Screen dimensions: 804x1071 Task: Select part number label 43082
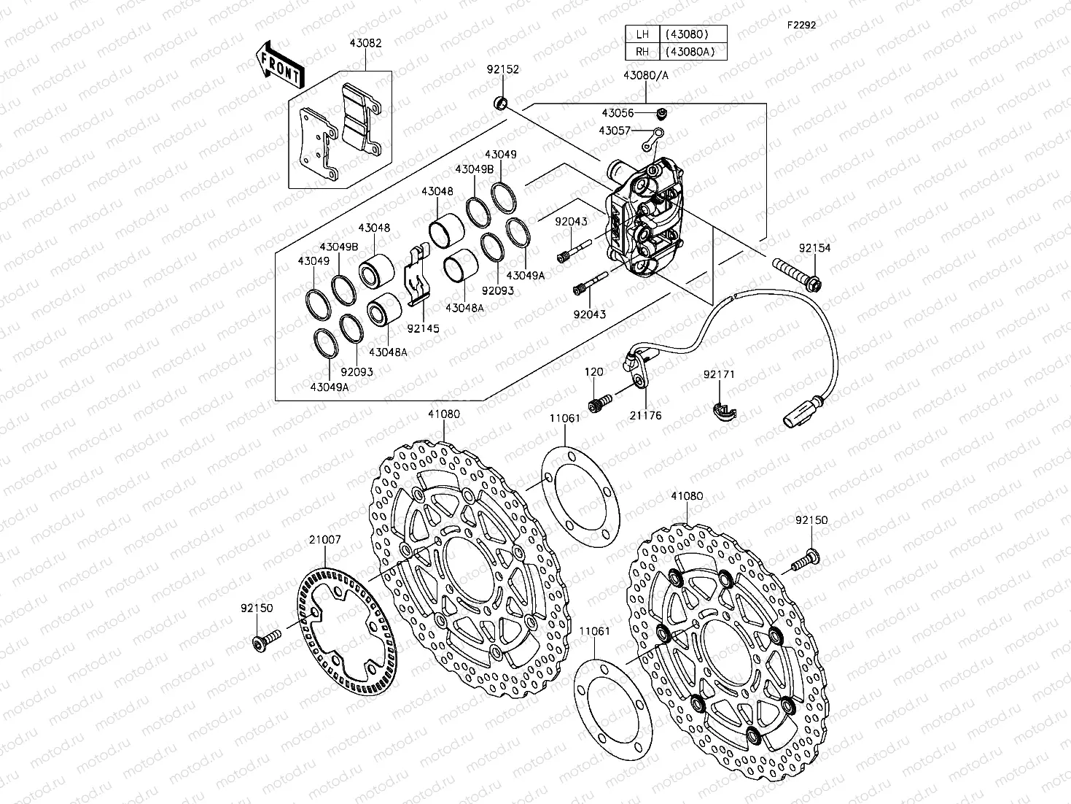(365, 44)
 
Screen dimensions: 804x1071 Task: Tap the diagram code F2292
(801, 25)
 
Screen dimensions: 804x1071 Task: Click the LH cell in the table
(642, 34)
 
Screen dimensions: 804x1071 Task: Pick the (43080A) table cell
(693, 52)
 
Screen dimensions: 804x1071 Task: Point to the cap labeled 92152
(501, 102)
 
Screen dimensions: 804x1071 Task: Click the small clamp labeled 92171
(723, 412)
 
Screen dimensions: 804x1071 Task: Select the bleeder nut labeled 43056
(662, 113)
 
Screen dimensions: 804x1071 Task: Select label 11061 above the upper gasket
(564, 418)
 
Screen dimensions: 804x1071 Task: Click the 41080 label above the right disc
(687, 496)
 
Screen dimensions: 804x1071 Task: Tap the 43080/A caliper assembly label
(645, 75)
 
